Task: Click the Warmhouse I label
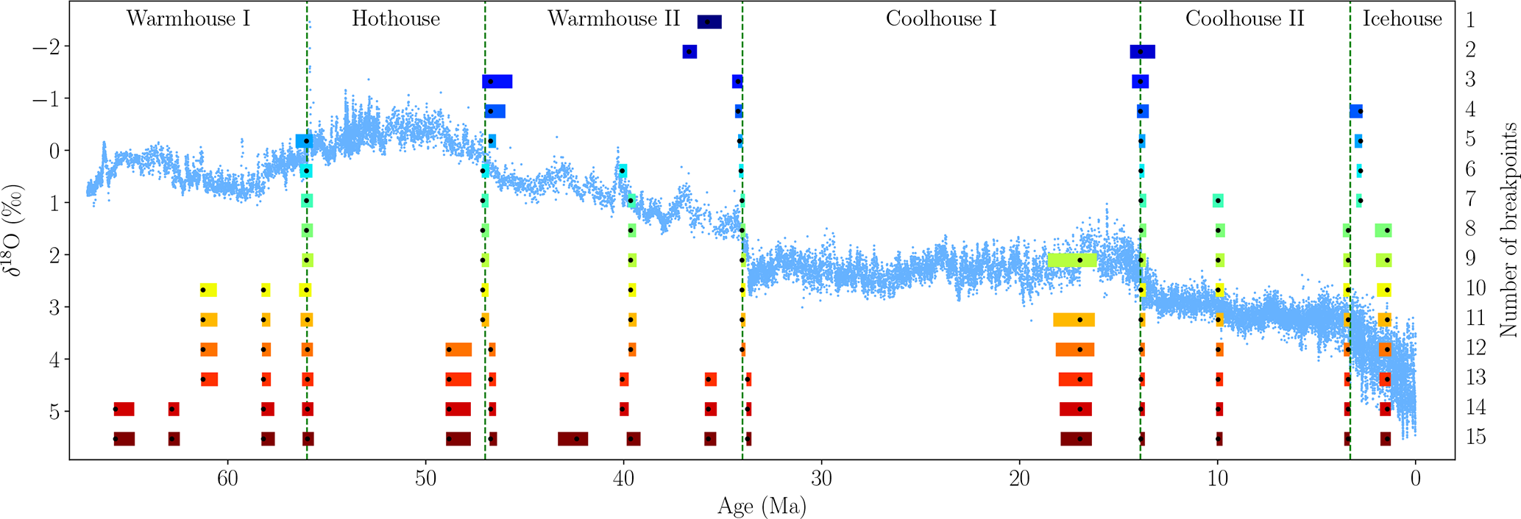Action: [x=188, y=19]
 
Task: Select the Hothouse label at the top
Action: [x=396, y=19]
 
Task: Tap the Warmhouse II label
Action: [x=614, y=19]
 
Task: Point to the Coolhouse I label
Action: [x=941, y=19]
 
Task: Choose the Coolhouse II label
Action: [x=1244, y=19]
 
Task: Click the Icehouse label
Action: [x=1403, y=19]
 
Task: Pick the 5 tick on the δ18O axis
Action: [x=54, y=411]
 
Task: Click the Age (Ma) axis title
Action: [x=762, y=507]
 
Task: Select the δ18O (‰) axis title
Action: [x=16, y=229]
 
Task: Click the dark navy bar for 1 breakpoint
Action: [x=709, y=22]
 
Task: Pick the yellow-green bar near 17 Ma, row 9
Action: [x=1072, y=260]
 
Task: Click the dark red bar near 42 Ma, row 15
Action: [x=572, y=439]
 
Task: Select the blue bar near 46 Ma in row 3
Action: [x=497, y=82]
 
